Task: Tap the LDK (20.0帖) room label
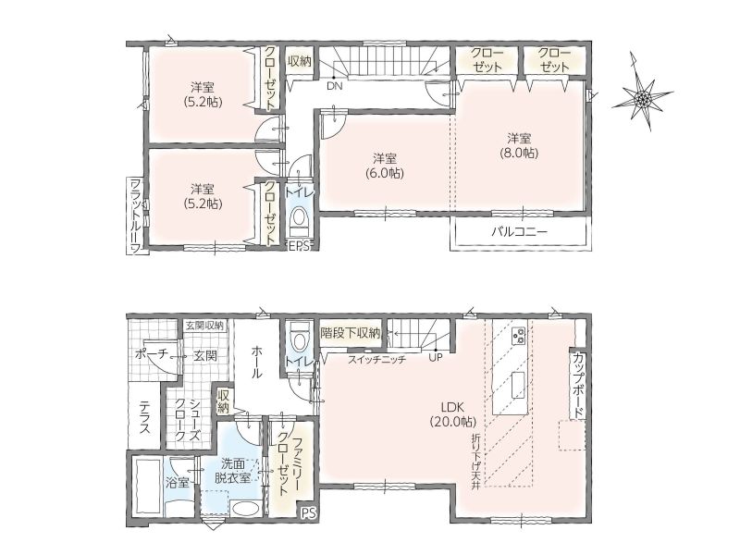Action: (453, 413)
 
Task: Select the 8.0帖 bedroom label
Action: (519, 145)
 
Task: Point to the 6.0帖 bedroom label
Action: (385, 166)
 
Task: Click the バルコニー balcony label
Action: (519, 232)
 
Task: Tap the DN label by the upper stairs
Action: (334, 86)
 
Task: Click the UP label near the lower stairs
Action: (436, 358)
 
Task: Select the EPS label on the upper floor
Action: (298, 246)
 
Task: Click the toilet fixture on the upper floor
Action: (298, 222)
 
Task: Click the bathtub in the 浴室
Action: (148, 487)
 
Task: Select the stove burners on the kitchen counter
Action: (519, 336)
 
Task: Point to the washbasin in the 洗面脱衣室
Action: (245, 511)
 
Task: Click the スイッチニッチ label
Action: (377, 359)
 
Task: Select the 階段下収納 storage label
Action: (351, 333)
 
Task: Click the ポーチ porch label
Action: (151, 354)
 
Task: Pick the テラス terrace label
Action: (145, 417)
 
